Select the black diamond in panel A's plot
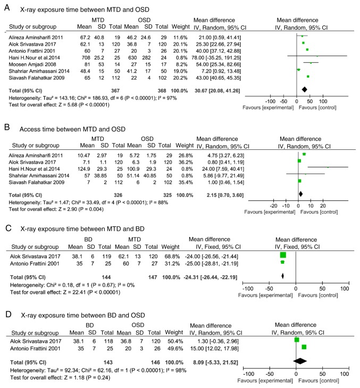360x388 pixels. click(x=304, y=89)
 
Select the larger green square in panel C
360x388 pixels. click(x=282, y=255)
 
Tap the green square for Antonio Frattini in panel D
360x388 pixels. click(x=304, y=347)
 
